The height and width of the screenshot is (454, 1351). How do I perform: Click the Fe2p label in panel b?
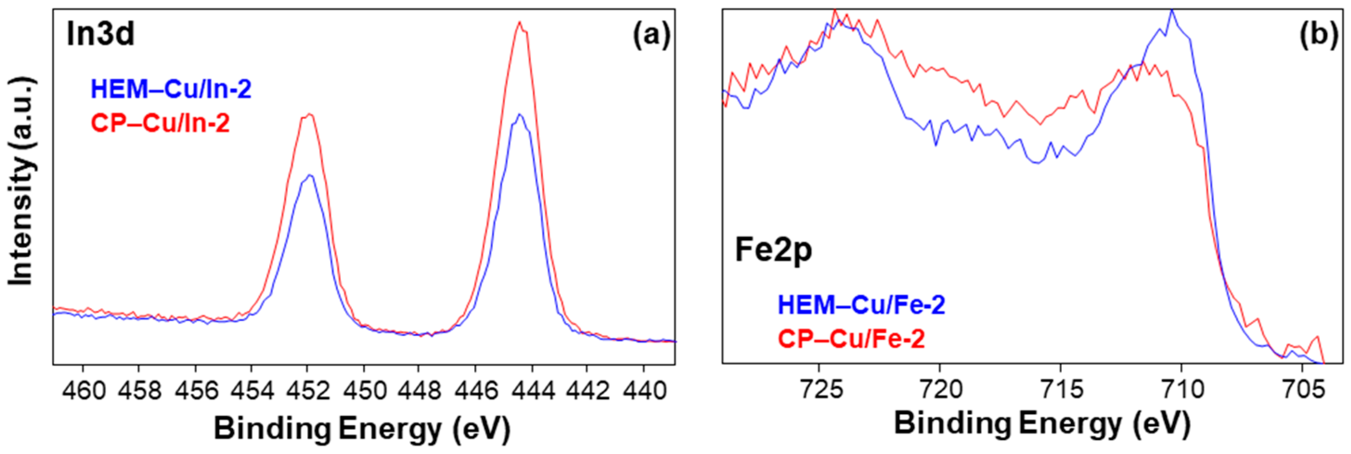coord(773,250)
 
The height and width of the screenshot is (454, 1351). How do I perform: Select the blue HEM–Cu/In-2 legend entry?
coord(171,89)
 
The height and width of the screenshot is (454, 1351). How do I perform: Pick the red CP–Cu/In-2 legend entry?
coord(161,123)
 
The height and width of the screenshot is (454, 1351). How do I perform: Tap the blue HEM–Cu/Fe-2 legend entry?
coord(862,305)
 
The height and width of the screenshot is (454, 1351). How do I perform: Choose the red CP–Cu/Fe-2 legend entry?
coord(851,339)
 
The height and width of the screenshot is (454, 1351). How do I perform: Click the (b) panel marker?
coord(1319,36)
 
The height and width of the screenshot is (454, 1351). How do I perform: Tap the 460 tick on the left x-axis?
coord(84,390)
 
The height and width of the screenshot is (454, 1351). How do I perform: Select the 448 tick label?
coord(419,390)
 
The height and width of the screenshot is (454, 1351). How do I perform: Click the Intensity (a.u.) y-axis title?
coord(22,181)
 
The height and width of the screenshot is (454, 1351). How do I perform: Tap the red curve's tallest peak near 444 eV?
coord(520,23)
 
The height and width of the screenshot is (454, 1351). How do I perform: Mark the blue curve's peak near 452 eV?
coord(310,176)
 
